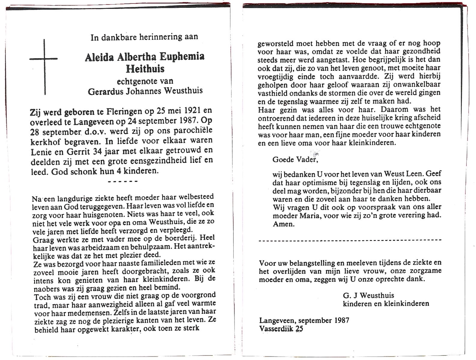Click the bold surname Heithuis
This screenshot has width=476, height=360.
coord(145,69)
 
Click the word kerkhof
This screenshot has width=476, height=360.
coord(44,142)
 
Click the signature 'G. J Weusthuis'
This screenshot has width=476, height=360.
coord(368,295)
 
